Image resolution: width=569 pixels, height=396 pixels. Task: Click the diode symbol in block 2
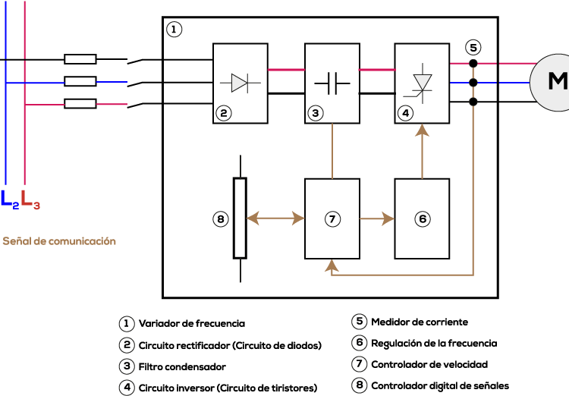pos(240,83)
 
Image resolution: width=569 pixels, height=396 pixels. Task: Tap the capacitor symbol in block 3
pos(332,83)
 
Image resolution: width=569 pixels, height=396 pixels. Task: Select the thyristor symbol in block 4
pos(421,83)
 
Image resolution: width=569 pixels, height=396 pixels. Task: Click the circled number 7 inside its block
pos(332,219)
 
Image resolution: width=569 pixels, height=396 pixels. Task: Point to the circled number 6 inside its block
pos(423,219)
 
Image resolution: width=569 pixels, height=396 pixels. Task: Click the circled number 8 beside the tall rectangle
pos(221,219)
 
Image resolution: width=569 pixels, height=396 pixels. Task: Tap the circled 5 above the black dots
pos(473,48)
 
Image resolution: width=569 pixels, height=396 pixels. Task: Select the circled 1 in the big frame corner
pos(174,30)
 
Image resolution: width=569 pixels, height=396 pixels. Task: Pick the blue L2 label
pos(10,200)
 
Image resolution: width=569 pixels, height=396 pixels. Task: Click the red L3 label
pos(30,200)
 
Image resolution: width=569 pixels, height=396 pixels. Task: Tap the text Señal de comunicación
pos(59,241)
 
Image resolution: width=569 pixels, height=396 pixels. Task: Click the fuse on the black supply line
pos(80,59)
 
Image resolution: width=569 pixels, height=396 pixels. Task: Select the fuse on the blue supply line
pos(80,81)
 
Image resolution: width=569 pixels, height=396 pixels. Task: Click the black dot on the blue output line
pos(473,83)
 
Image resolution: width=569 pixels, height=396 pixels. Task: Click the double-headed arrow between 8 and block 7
pos(275,218)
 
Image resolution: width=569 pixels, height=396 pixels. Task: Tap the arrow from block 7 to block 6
pos(377,219)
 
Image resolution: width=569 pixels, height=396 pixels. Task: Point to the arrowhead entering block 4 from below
pos(422,130)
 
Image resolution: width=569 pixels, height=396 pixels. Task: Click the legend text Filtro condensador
pos(182,367)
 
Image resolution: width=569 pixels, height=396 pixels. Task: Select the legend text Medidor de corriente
pos(420,322)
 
